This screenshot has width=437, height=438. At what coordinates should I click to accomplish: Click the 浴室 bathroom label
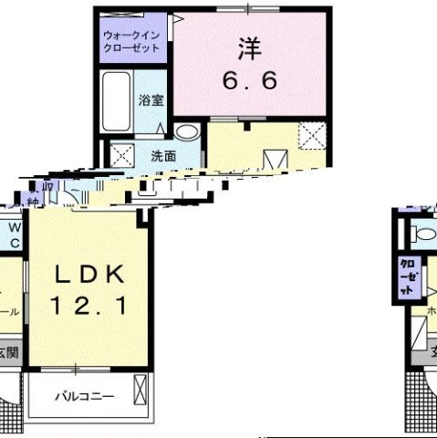151,100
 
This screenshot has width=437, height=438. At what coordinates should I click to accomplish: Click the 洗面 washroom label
163,155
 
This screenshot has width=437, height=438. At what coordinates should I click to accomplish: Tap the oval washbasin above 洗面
187,132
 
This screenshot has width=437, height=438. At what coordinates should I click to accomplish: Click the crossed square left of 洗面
122,154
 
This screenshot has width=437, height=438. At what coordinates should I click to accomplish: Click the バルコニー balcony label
83,397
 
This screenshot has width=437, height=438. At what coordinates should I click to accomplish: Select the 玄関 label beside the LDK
8,351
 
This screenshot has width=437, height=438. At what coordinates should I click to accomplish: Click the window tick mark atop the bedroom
247,7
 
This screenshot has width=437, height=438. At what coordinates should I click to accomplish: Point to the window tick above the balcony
78,370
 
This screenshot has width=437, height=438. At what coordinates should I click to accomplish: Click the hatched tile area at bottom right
418,402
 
